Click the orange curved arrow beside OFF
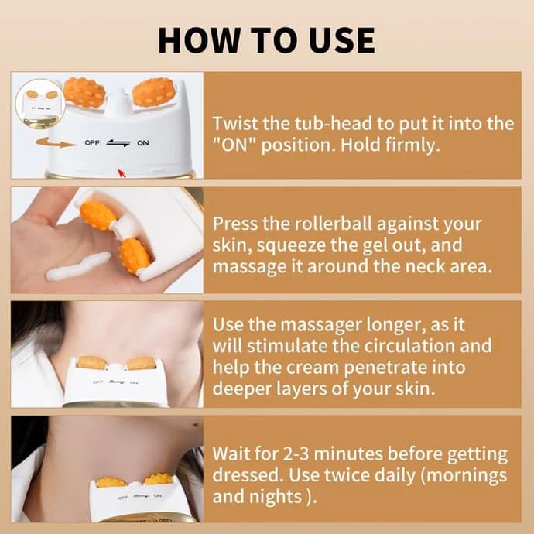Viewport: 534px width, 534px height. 50,142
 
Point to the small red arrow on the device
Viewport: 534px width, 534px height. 121,171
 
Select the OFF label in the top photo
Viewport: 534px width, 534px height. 91,143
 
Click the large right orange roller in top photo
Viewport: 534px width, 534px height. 153,92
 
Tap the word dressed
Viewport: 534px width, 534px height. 245,474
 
